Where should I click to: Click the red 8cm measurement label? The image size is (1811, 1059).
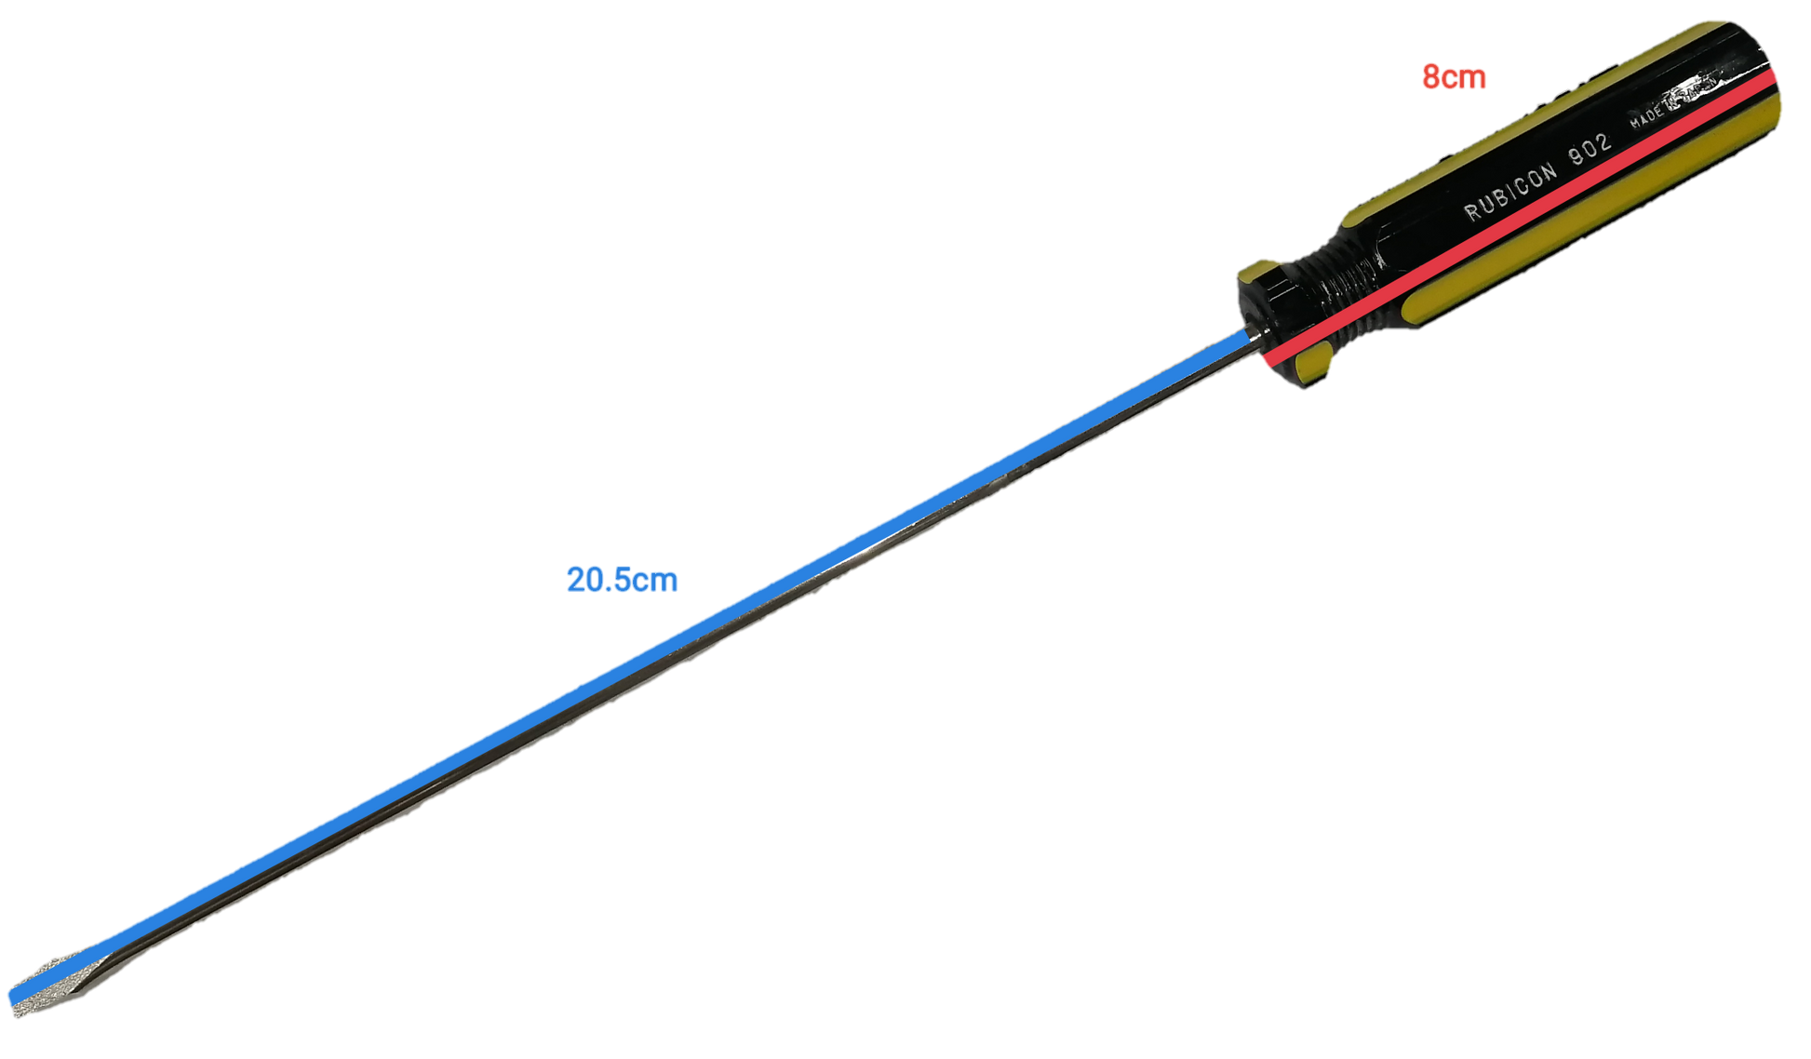pos(1453,76)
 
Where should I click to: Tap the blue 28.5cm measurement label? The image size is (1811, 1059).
pos(622,579)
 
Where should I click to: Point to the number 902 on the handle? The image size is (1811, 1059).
pos(1590,149)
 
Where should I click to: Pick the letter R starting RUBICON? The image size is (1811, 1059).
pos(1472,212)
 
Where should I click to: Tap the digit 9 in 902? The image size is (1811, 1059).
pos(1576,156)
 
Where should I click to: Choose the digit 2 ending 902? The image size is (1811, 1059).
pos(1604,141)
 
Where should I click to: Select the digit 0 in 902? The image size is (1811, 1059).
pos(1590,149)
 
